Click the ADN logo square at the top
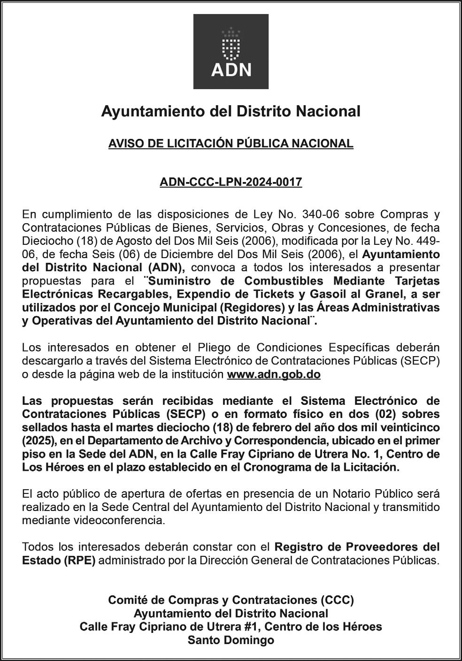coord(231,52)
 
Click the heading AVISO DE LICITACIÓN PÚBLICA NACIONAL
coord(231,144)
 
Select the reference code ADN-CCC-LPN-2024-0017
coord(231,182)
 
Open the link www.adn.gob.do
coord(274,375)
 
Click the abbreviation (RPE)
coord(80,560)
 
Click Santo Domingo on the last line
coord(231,640)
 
